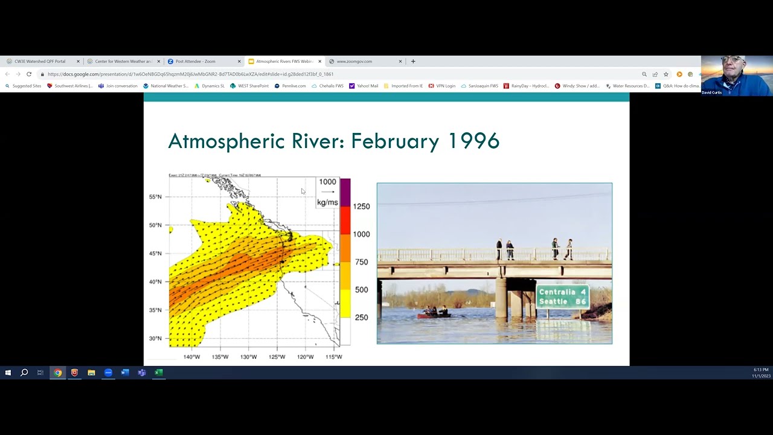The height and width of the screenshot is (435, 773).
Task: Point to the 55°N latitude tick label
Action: pos(155,197)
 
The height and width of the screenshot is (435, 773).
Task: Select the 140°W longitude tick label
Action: pos(191,357)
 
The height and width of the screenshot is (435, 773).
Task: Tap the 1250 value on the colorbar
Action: pos(361,207)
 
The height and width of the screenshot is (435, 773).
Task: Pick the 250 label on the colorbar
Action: pos(361,318)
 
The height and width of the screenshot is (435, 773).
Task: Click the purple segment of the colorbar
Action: pos(345,192)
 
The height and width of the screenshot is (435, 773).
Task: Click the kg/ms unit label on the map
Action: pos(327,202)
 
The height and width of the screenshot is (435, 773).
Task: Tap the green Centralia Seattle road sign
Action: pos(562,297)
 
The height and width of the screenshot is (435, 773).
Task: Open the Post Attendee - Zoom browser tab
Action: pos(195,62)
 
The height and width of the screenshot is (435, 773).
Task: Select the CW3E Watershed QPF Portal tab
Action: pos(40,62)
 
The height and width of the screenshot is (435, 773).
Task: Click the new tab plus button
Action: pos(413,61)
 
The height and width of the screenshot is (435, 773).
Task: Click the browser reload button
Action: pos(28,74)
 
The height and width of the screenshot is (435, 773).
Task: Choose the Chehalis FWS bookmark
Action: pos(327,86)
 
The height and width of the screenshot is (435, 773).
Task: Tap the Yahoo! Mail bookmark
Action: pos(364,86)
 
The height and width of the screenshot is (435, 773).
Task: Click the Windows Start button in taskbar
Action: pos(8,373)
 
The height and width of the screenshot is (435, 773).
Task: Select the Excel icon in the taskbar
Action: pos(158,373)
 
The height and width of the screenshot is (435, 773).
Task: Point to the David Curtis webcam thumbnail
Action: pos(737,76)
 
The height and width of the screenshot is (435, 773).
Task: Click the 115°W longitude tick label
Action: pos(333,357)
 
